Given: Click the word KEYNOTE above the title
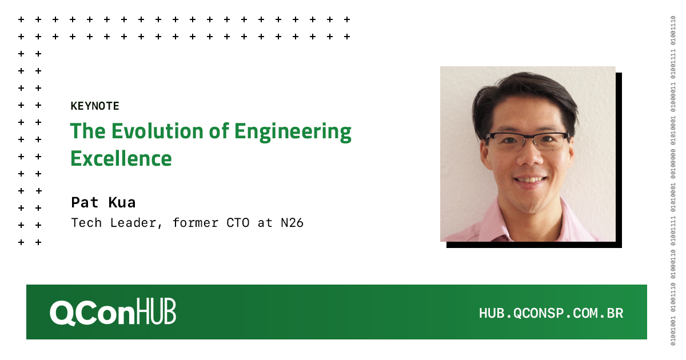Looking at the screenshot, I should point(95,106).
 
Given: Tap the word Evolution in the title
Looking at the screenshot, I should point(145,131).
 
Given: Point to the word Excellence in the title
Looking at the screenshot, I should point(121,158).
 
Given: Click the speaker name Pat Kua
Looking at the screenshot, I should point(103,202).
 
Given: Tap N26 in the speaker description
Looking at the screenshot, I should point(292,223).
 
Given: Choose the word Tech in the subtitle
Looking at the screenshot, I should point(85,223).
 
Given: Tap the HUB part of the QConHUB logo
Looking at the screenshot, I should point(157,313).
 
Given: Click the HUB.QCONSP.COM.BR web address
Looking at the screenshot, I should point(551,313).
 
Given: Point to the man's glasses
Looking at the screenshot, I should point(527,140).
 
